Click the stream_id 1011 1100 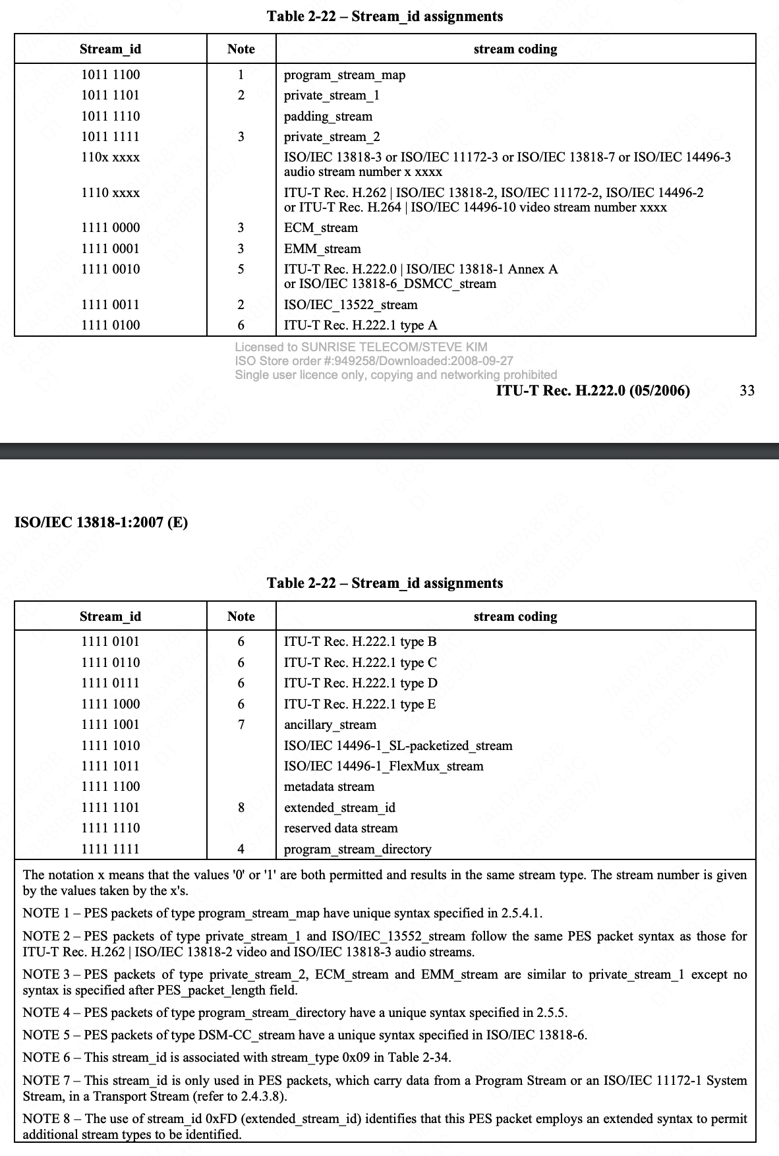pos(110,74)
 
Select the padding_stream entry pos(328,117)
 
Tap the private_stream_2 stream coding pos(332,137)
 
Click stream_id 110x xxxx pos(110,158)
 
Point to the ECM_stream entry pos(320,228)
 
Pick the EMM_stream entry pos(322,249)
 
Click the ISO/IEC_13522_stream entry pos(350,305)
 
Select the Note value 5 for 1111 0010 pos(241,269)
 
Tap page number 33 pos(747,390)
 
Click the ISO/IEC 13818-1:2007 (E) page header pos(101,523)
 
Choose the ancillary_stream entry pos(330,725)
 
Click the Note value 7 pos(241,725)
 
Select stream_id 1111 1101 pos(110,807)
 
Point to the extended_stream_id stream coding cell pos(339,808)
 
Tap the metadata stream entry pos(328,787)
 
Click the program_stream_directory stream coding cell pos(357,850)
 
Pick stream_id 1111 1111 pos(110,849)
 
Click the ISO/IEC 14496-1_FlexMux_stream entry pos(383,766)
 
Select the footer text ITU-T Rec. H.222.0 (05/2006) pos(592,391)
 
